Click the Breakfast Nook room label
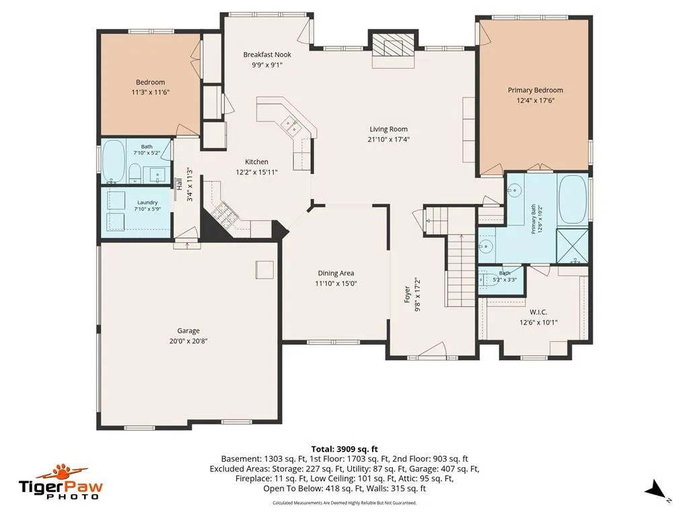pos(267,55)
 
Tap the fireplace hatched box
pos(393,45)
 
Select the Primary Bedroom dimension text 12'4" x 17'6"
pos(535,100)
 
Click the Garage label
pos(188,331)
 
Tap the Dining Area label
pos(336,273)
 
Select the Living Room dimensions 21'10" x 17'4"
pos(388,139)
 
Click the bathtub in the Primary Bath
pos(572,199)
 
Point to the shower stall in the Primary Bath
pos(572,246)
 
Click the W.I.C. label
pos(538,312)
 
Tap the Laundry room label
pos(147,203)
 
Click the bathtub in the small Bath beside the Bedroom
pos(114,161)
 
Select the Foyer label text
pos(407,295)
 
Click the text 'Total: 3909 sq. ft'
pos(344,449)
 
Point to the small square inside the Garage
pos(264,269)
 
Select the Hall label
pos(179,184)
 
